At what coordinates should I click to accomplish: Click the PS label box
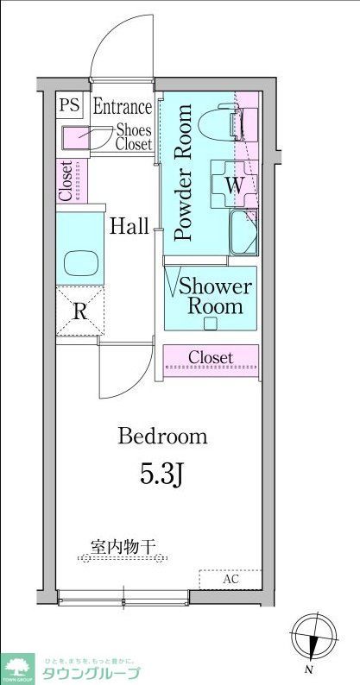69,107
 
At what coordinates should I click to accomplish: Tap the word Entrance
122,108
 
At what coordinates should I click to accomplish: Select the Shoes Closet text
134,137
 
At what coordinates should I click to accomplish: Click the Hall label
129,227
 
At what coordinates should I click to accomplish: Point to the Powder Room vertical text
183,172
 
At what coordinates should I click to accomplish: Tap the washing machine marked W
234,184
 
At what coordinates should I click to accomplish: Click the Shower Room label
216,297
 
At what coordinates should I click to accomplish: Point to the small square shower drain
210,324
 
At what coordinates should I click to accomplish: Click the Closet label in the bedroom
211,357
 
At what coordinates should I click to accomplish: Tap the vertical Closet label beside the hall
66,182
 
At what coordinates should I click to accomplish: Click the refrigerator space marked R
79,311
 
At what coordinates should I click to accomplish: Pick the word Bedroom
163,437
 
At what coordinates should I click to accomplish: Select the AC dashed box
230,579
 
